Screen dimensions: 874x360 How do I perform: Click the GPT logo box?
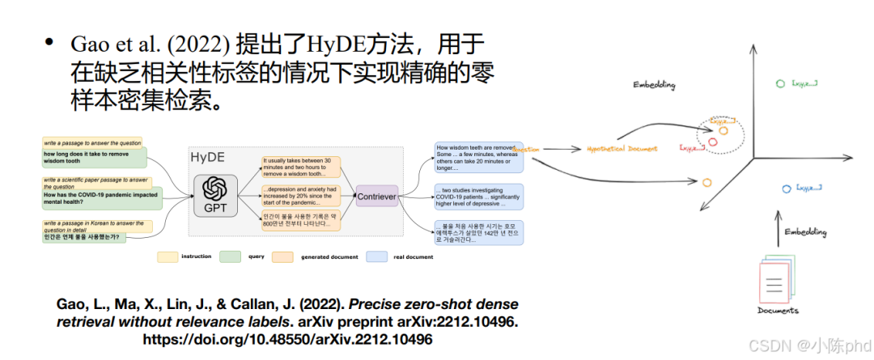point(215,194)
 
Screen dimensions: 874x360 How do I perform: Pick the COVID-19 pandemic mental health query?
point(100,198)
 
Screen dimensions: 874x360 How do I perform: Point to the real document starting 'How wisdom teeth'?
point(478,157)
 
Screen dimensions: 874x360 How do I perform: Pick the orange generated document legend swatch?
point(282,257)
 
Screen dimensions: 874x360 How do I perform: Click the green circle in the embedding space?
point(779,83)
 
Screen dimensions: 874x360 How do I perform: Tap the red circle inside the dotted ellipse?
point(713,142)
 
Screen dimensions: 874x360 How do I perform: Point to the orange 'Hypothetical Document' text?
point(622,149)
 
